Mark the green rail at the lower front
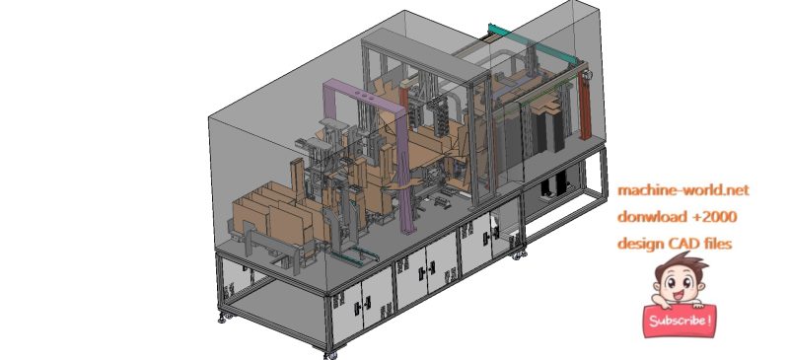(x=345, y=255)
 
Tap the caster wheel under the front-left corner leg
(x=223, y=317)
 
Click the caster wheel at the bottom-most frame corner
(x=330, y=353)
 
